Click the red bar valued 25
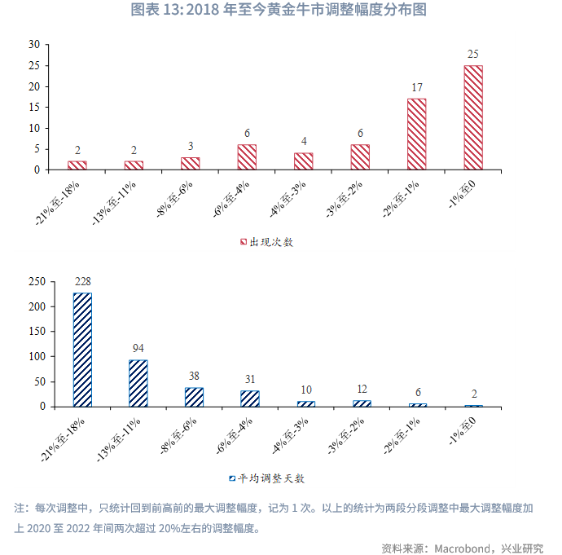[x=473, y=117]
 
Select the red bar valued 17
[x=416, y=134]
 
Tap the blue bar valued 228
[x=82, y=350]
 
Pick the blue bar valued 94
[x=138, y=383]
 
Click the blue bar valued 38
[x=194, y=397]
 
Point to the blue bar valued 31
[x=249, y=399]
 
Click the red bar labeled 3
[x=190, y=164]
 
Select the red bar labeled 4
[x=303, y=161]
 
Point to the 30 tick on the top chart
[x=33, y=44]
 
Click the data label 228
[x=82, y=282]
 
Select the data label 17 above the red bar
[x=416, y=87]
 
